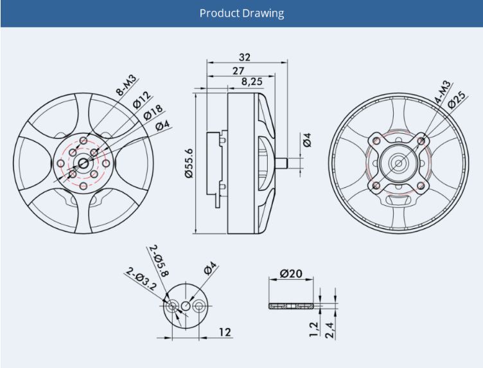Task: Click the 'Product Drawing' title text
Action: [241, 14]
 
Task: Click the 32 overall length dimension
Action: [245, 57]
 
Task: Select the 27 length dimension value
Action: [238, 71]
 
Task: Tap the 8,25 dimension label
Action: [252, 82]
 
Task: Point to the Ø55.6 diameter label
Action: [189, 163]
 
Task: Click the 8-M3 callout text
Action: [126, 84]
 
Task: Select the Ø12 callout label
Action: [142, 99]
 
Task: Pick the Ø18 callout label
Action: [153, 113]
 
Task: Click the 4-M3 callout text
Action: [443, 91]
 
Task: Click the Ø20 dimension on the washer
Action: [291, 273]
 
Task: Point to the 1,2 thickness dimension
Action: [314, 329]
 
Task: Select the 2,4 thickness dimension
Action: [329, 330]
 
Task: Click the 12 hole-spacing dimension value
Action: [225, 332]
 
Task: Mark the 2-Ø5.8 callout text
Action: [159, 261]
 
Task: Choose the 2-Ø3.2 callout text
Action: [141, 279]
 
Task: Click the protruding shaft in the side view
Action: [281, 163]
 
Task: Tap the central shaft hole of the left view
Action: [83, 163]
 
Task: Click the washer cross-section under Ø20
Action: [291, 306]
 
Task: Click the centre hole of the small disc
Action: [186, 306]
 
